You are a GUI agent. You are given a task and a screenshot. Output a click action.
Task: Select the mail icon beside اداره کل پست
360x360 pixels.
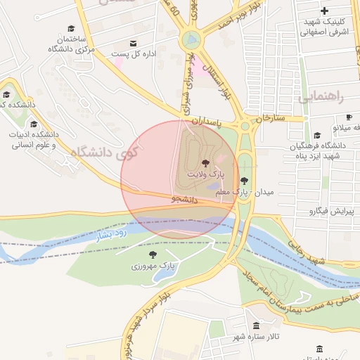point(134,43)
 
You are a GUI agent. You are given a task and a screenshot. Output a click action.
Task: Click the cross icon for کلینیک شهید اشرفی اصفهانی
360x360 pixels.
point(323,11)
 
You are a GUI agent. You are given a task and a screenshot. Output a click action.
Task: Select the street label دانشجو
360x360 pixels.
point(185,200)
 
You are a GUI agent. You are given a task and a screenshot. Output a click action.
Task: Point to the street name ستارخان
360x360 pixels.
point(271,118)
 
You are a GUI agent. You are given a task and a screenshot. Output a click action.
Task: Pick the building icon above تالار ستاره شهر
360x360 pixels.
point(255,326)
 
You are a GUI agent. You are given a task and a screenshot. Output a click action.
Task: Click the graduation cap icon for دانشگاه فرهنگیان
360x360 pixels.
point(317,136)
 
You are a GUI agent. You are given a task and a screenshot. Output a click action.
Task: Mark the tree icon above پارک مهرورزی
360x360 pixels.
point(153,255)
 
